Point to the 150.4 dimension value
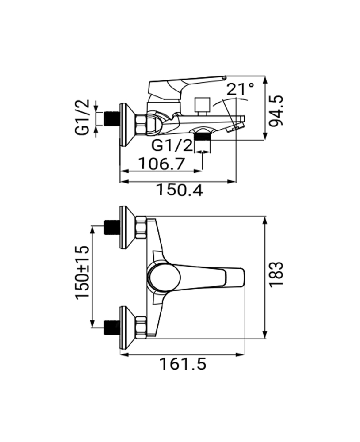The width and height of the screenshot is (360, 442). point(179,191)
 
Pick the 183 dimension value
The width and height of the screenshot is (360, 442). point(277,274)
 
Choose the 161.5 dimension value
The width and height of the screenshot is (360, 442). point(183,364)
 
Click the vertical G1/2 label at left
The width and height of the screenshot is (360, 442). point(83,117)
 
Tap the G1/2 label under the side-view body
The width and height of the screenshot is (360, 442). point(172,145)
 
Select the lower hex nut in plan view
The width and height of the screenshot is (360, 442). point(142,328)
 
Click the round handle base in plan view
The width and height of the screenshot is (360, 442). point(164,278)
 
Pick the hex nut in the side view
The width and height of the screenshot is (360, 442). point(142,124)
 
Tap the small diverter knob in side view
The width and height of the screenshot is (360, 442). point(203,104)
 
